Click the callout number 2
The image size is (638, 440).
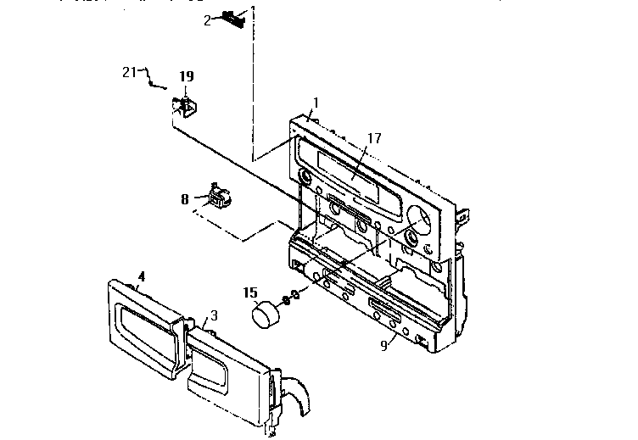[207, 19]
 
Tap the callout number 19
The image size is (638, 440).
[186, 76]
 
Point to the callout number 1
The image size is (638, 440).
[315, 103]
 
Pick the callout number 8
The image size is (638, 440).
[184, 200]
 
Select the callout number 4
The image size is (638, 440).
[142, 276]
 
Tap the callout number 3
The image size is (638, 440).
[214, 315]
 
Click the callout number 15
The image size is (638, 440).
[250, 292]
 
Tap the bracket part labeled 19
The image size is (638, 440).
[184, 107]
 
